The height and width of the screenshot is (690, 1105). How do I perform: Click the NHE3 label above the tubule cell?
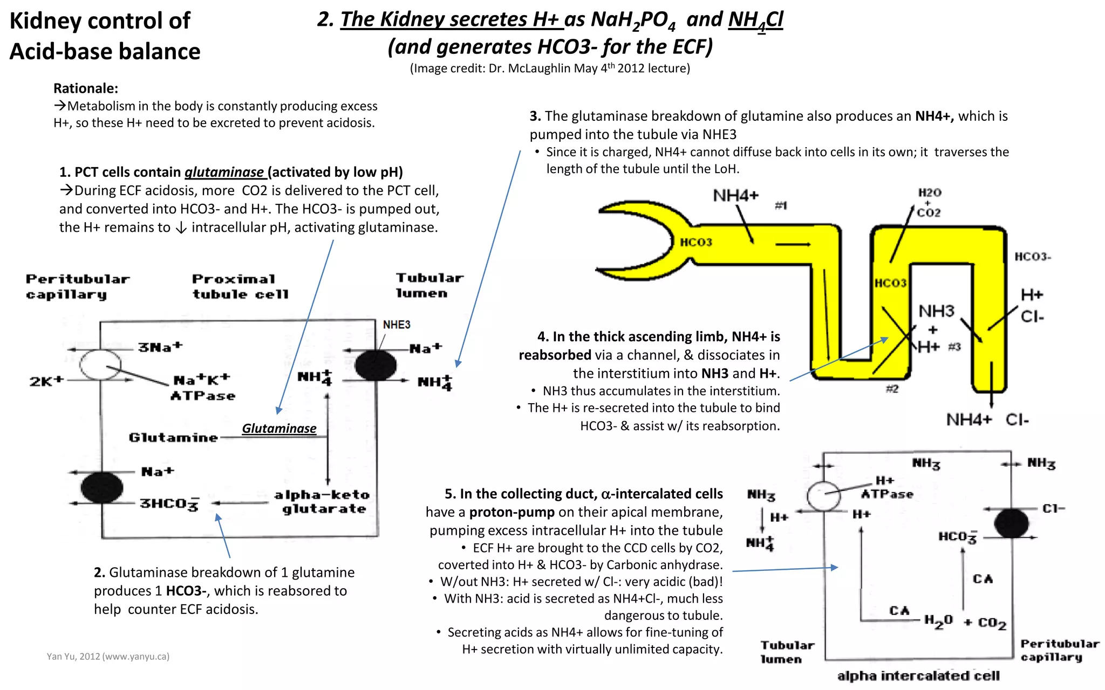pos(397,325)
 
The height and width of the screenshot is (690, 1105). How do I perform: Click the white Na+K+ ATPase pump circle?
pos(100,364)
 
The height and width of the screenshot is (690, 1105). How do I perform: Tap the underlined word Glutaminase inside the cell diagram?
pos(279,429)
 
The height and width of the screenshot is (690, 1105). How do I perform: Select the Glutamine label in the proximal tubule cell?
pos(173,437)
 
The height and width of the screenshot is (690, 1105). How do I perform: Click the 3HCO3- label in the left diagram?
pos(169,503)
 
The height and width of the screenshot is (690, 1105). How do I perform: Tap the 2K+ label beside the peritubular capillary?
pos(46,381)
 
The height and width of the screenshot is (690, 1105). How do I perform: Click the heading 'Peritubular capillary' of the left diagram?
pos(78,287)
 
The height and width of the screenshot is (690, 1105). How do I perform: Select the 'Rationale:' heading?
pos(86,88)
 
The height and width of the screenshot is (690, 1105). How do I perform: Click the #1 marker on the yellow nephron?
pos(781,205)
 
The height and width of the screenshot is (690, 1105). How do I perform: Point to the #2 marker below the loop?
pos(892,389)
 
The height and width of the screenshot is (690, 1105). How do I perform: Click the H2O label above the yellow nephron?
pos(930,192)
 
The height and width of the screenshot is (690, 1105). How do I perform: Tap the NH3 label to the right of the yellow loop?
pos(936,311)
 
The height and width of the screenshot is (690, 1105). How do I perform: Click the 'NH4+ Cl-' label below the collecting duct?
pos(987,419)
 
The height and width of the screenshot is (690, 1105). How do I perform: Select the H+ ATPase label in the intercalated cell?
pos(886,488)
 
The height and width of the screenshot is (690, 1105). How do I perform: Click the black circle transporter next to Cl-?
pos(1011,523)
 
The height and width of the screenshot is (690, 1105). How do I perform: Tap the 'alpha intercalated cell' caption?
pos(918,676)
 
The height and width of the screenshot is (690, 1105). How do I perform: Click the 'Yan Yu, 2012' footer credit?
pos(108,657)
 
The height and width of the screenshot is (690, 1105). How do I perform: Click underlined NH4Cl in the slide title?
pos(755,20)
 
